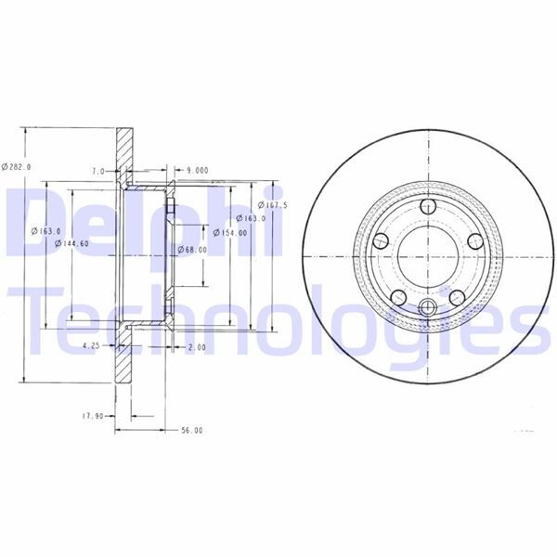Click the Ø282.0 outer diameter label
[x=17, y=166]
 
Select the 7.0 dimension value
[x=97, y=172]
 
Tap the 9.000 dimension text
[x=197, y=171]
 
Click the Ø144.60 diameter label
[x=72, y=243]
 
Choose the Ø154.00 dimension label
[x=229, y=234]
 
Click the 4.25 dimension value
[x=91, y=345]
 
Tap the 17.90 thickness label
[x=91, y=417]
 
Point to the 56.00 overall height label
[x=191, y=431]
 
